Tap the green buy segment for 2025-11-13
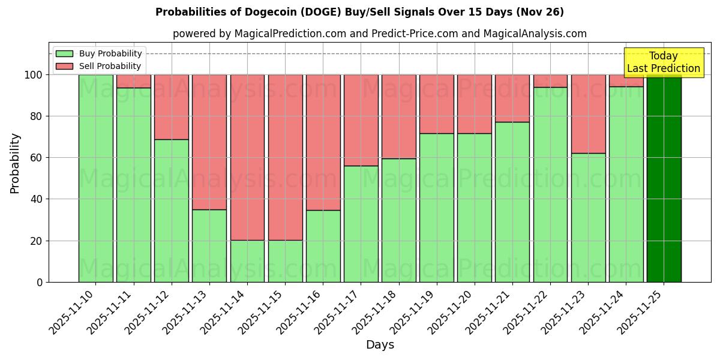(x=209, y=245)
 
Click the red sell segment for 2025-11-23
(x=588, y=114)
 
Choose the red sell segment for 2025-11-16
(x=323, y=142)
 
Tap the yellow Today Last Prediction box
(x=663, y=62)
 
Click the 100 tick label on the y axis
(x=34, y=75)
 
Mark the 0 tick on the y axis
(x=40, y=282)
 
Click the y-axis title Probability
(x=15, y=163)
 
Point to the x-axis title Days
(x=380, y=345)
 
